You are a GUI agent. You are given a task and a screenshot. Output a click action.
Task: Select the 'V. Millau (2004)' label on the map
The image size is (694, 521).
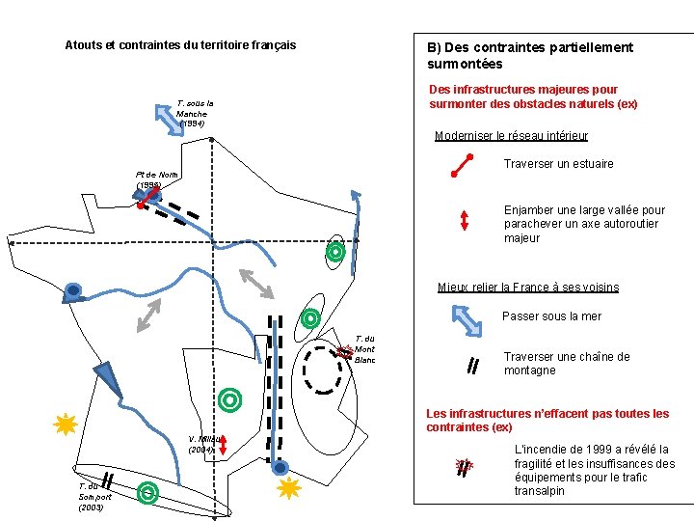coord(204,444)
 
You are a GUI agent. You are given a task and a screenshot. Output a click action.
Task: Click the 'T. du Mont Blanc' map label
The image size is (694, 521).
coord(364,349)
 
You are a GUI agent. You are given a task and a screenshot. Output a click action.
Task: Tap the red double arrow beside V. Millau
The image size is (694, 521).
coord(223,445)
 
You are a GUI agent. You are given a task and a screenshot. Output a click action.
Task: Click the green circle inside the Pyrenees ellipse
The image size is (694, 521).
coord(147,493)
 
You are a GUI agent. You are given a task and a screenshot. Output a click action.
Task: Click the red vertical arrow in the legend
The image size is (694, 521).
coord(465,220)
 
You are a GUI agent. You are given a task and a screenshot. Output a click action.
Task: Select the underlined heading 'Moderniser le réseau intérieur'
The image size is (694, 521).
coord(511,136)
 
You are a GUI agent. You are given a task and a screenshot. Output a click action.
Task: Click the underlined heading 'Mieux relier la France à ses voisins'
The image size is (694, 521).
coord(527,288)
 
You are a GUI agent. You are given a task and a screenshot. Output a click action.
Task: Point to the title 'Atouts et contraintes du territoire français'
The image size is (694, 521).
coord(180,45)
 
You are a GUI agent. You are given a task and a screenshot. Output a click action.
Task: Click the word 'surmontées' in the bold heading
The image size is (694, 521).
coord(465,64)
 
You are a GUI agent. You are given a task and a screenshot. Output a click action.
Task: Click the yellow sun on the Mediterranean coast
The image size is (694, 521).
coord(289,488)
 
